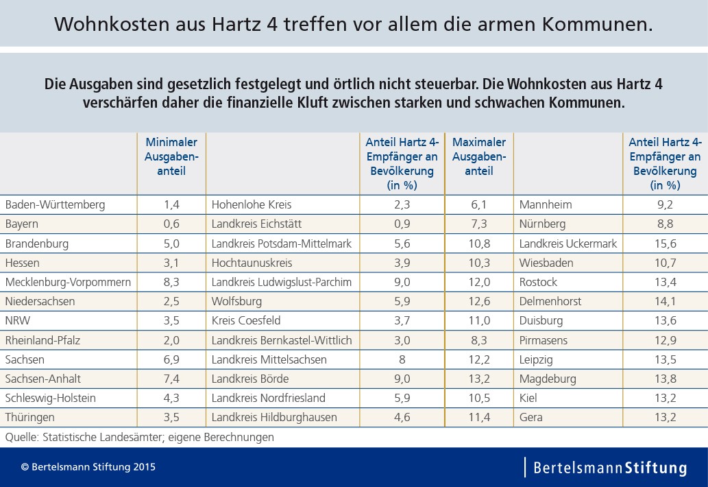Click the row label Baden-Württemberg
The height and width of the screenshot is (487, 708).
(55, 204)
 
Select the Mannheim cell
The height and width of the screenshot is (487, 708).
(546, 204)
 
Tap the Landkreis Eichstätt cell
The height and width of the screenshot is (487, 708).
(256, 224)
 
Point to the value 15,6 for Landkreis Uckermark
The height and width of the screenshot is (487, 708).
(665, 243)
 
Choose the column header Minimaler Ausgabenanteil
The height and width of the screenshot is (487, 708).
(171, 156)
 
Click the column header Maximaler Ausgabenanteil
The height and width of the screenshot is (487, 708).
(479, 156)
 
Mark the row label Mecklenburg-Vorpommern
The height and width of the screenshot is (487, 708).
(68, 282)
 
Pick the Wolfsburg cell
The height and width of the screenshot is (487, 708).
(236, 301)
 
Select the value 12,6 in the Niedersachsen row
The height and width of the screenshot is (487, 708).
(479, 301)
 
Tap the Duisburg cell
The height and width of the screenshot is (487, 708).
(541, 320)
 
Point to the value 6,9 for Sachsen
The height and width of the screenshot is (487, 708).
(171, 359)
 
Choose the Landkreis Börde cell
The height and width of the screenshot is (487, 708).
(250, 379)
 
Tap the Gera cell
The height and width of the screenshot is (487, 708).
(531, 417)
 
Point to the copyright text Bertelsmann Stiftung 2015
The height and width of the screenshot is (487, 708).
(88, 468)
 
